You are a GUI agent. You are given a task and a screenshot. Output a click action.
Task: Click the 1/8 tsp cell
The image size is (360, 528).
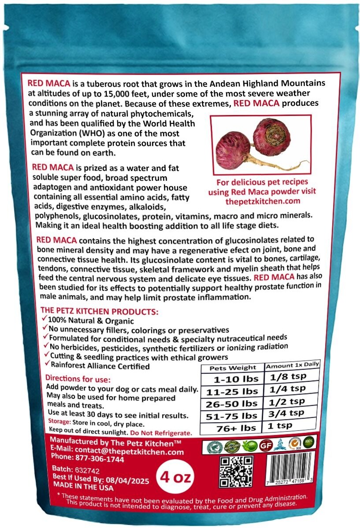click(x=291, y=377)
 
